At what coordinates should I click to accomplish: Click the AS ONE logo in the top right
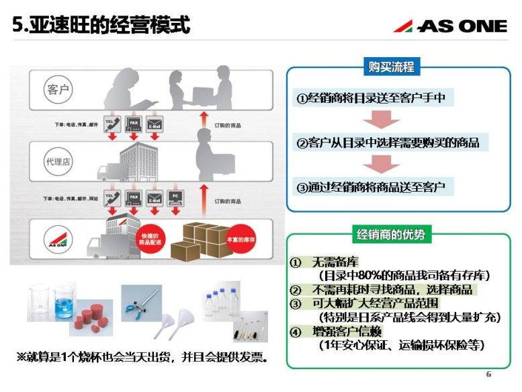[450, 26]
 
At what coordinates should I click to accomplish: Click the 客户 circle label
[59, 89]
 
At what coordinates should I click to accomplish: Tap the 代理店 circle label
[58, 163]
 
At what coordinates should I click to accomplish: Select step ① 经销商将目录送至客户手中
[372, 98]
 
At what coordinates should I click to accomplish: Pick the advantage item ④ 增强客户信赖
[339, 331]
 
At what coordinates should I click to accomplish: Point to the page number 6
[488, 375]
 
